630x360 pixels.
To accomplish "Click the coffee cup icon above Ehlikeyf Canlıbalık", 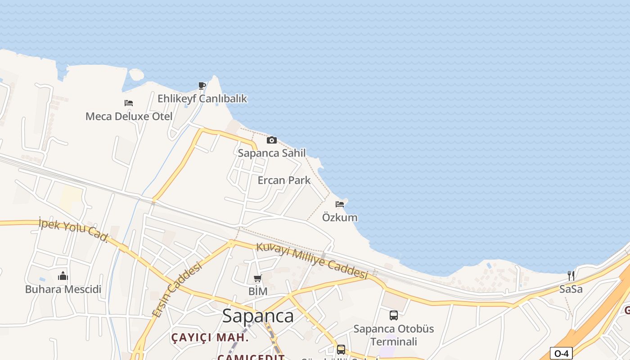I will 202,85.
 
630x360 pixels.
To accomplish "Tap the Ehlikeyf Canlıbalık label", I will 202,99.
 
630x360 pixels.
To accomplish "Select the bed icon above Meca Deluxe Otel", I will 129,103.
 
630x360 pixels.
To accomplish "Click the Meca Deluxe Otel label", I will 129,117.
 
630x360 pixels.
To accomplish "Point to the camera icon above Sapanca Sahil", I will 272,140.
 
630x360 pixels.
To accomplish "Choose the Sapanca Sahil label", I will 272,153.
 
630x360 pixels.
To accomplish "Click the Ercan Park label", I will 284,180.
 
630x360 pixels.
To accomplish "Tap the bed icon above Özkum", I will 340,204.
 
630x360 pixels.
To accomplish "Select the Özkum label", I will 340,217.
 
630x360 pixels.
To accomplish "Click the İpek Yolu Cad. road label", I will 74,229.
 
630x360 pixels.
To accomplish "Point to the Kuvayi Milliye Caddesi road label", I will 312,261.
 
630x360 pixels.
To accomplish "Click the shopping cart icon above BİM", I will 258,278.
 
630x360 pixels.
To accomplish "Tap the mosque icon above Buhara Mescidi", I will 63,275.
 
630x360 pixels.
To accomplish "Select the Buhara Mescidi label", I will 63,289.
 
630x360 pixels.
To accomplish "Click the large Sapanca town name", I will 258,316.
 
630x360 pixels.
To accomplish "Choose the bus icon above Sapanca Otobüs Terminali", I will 394,315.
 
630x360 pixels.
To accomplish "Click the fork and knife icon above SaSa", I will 571,275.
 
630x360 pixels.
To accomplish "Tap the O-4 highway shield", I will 561,354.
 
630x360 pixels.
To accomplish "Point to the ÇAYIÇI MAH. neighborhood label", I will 210,337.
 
